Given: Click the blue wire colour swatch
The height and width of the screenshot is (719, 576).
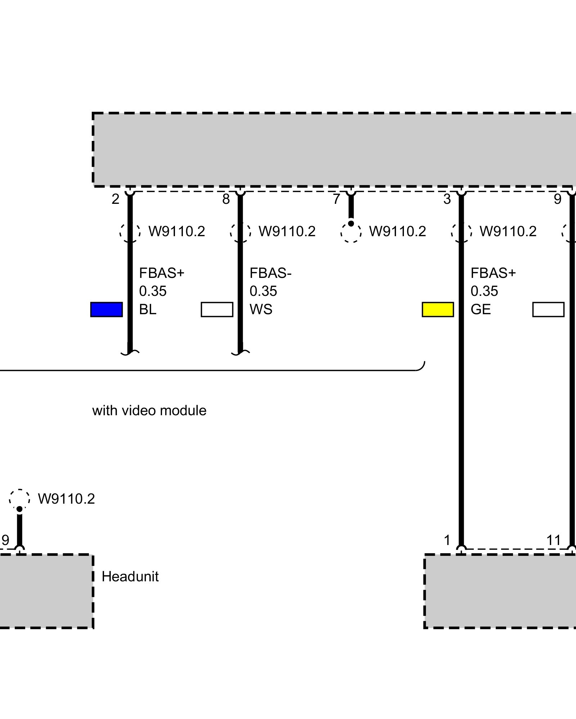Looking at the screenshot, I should coord(106,310).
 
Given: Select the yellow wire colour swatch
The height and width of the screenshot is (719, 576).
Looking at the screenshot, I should coord(438,310).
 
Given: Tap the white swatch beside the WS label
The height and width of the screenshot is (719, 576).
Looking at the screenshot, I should coord(217,310).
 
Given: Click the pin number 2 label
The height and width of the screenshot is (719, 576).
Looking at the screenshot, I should coord(115,199).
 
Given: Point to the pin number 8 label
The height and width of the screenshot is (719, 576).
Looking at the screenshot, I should coord(226,199).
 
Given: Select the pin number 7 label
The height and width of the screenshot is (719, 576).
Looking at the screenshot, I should coord(336,199).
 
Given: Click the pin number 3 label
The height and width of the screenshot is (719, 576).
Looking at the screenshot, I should coord(447,199).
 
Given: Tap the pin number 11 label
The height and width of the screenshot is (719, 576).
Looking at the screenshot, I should coord(553,540).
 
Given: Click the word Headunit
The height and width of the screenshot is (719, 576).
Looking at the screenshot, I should coord(130,577).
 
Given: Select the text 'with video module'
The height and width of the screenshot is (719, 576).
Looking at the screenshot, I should coord(149,411).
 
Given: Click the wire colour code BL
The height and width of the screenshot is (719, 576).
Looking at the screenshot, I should coord(148,310).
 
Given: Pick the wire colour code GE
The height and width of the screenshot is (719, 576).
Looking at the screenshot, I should coord(481,310).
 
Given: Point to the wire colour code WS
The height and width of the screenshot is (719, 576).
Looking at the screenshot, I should coord(261,310).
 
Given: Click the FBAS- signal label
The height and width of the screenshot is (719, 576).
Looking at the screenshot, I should coord(270,273).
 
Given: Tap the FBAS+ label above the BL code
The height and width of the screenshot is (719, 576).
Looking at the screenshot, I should coord(162,273).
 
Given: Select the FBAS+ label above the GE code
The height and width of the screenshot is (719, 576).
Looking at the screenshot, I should coord(493,273).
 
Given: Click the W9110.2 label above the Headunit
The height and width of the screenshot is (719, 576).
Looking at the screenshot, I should coord(66,499).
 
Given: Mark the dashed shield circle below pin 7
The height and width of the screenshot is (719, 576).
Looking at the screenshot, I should coord(351,232).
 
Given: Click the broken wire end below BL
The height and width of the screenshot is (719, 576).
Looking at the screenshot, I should coord(130,353).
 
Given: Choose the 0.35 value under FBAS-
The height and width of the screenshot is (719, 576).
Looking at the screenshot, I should coord(263,291).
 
